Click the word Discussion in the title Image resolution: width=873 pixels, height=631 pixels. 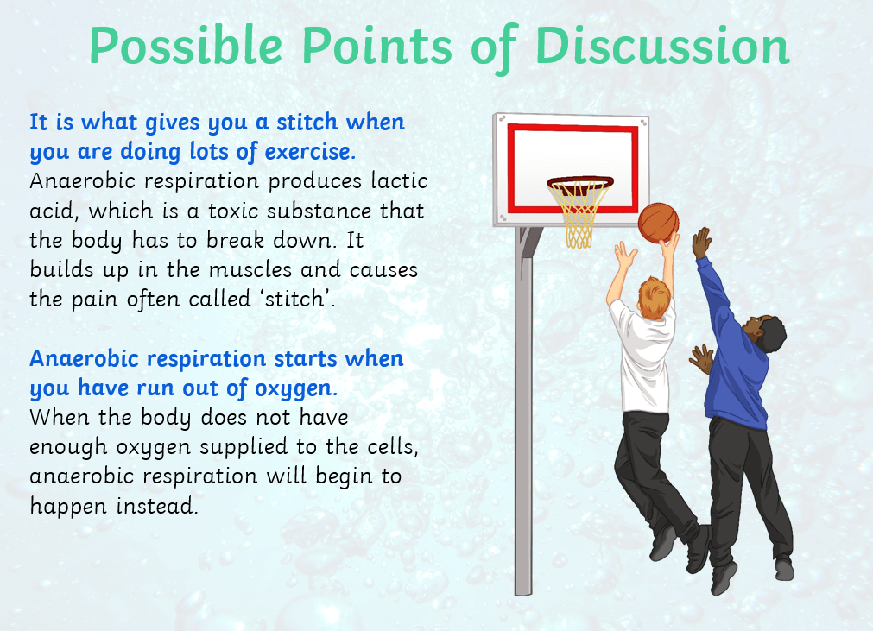(x=662, y=46)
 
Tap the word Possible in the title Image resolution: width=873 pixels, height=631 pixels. (x=186, y=47)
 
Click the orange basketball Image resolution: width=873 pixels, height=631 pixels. (x=658, y=223)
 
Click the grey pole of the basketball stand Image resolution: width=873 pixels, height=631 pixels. (x=523, y=412)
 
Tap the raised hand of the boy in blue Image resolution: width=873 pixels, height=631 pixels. (x=702, y=243)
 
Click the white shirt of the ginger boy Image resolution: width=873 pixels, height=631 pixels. (x=643, y=357)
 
